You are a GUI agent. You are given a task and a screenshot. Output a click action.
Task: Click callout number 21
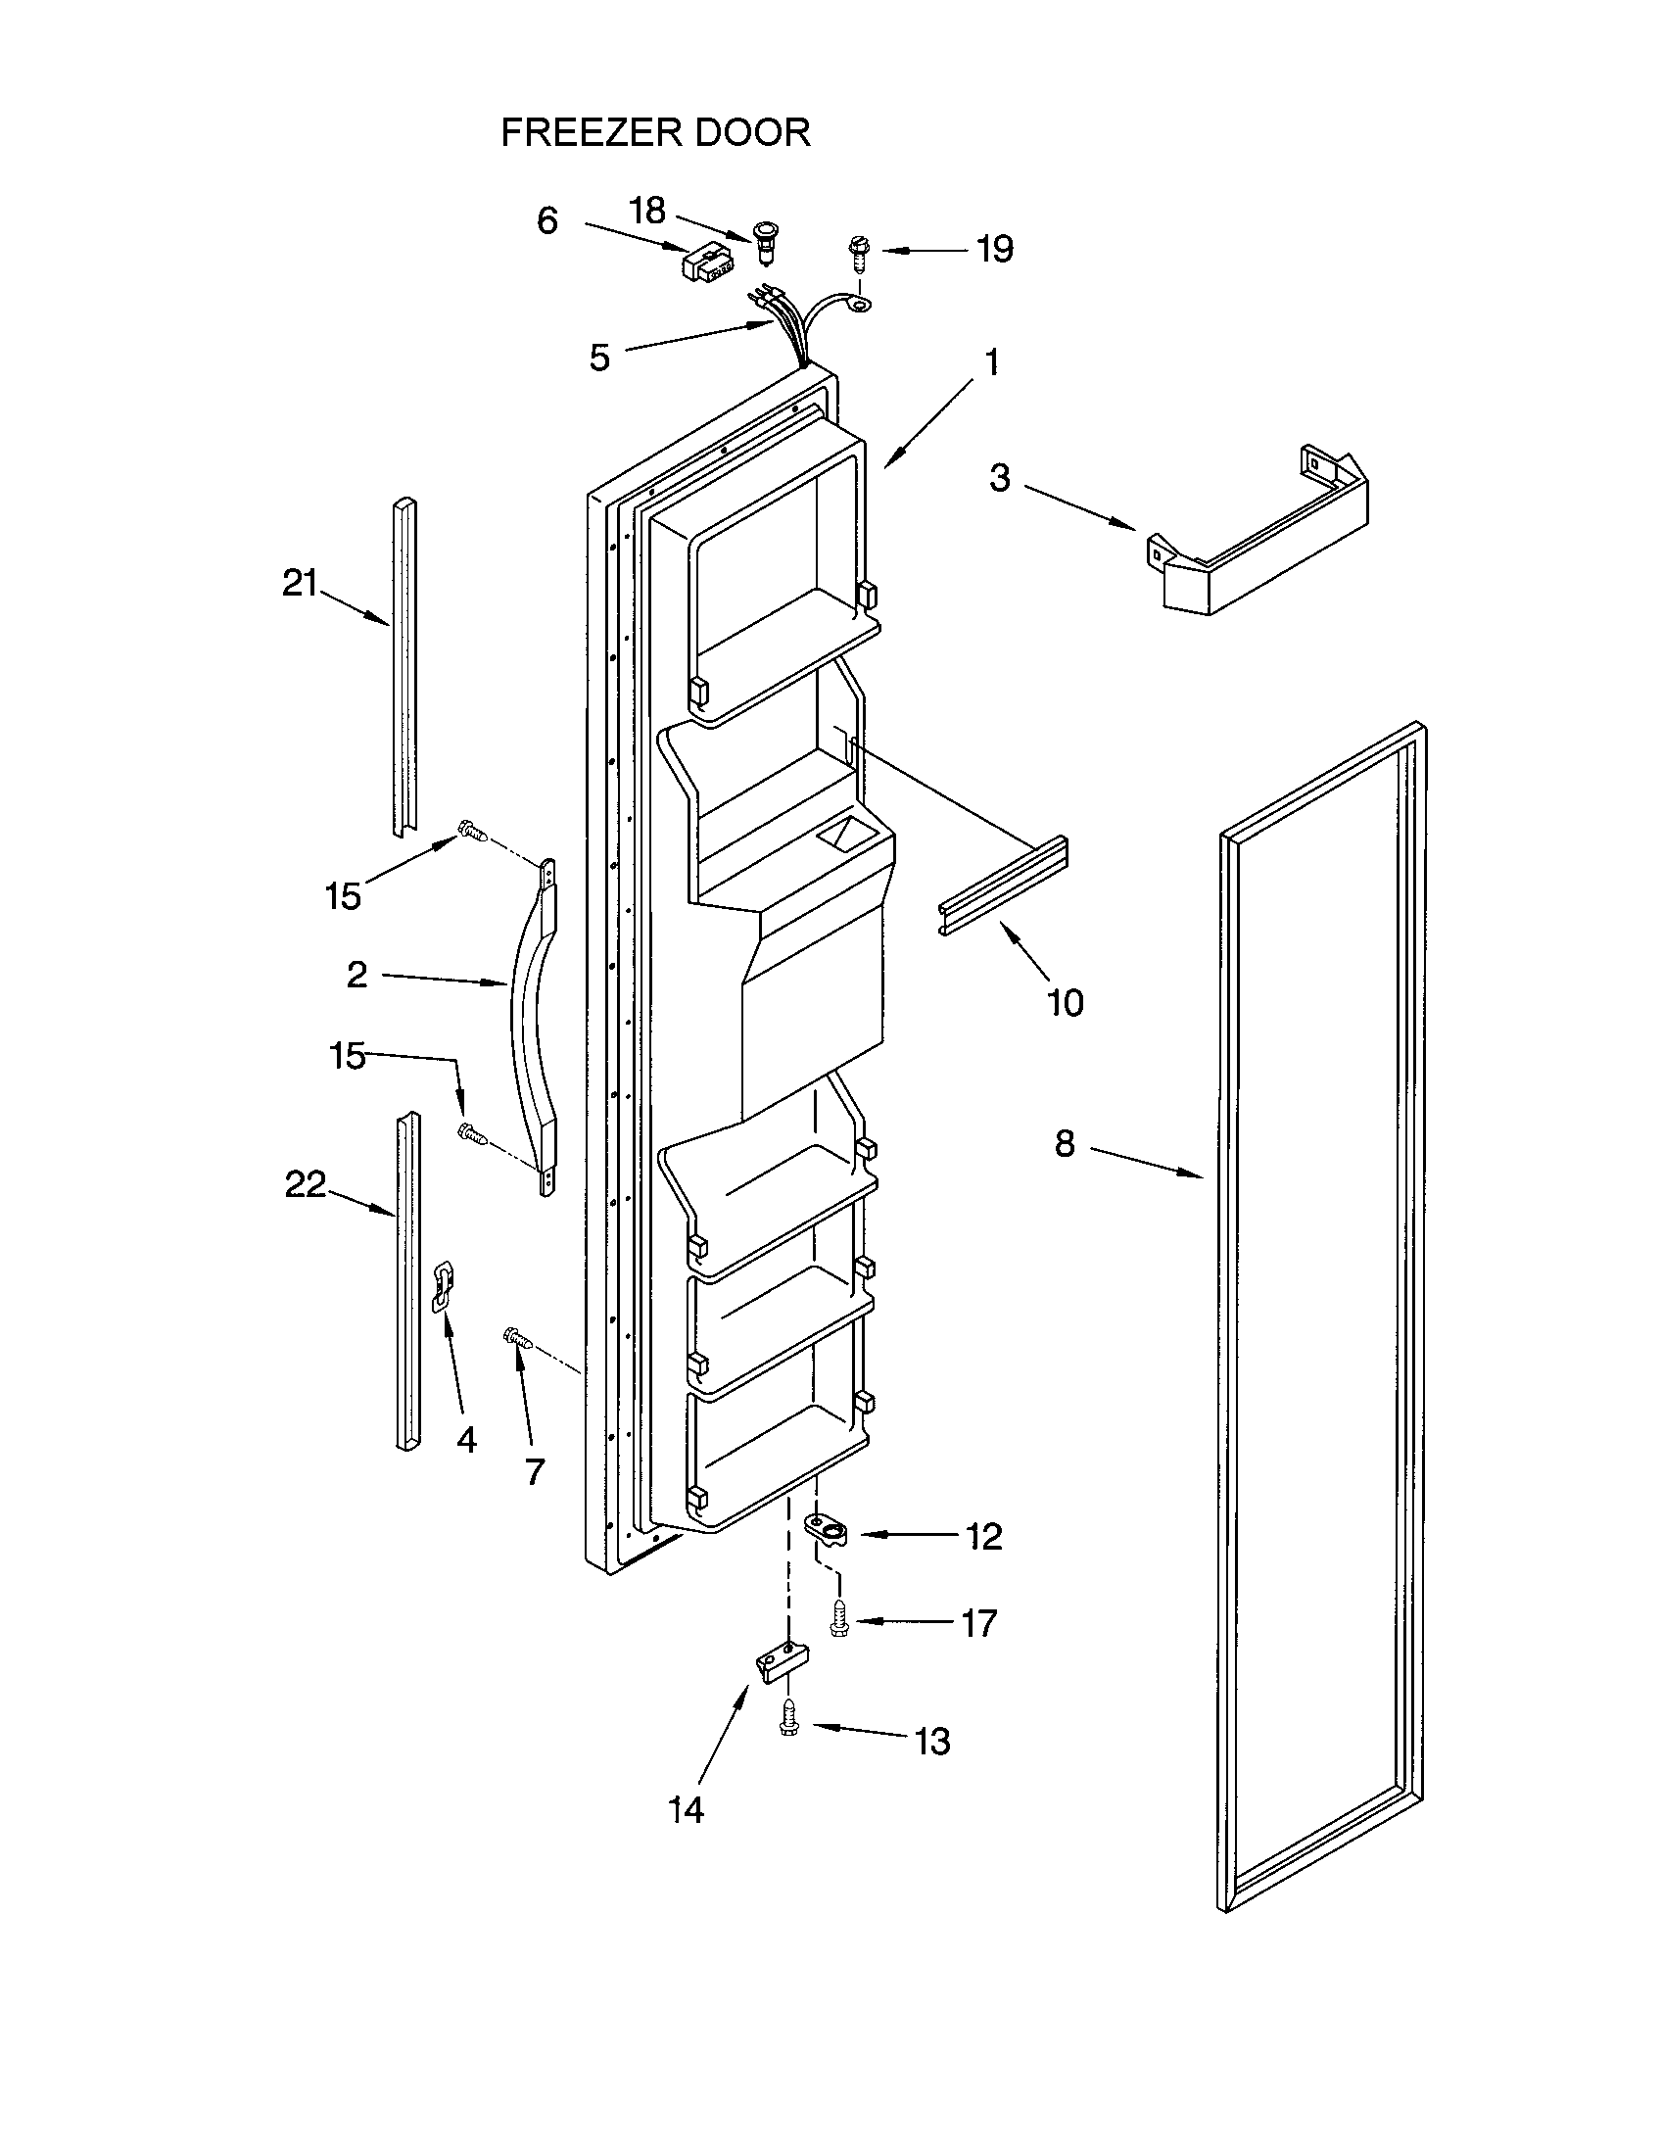(x=300, y=584)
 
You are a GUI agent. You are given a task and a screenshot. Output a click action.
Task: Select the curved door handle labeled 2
(x=530, y=1027)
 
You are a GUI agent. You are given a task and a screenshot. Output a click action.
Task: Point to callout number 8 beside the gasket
(x=1065, y=1143)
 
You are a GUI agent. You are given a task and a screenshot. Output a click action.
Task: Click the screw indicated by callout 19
(x=857, y=255)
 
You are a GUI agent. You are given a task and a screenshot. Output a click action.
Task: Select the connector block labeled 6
(x=706, y=264)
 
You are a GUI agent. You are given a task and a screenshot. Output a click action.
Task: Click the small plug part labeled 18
(x=764, y=241)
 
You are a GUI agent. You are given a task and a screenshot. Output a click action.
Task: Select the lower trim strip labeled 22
(x=406, y=1283)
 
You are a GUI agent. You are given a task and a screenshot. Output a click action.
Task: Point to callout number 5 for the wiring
(x=599, y=358)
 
